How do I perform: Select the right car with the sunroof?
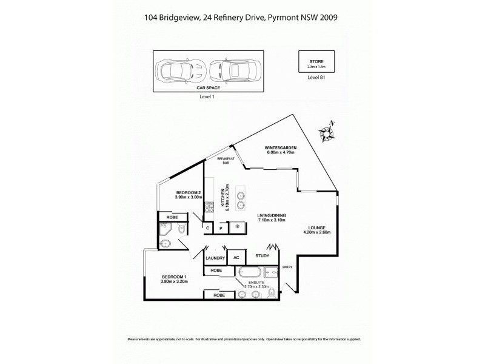[x=236, y=70]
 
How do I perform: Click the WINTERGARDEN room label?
[x=280, y=147]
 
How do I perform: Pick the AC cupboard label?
[x=236, y=257]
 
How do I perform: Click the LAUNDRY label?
[x=215, y=257]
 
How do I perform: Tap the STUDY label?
[x=263, y=255]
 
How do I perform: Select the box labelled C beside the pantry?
[x=208, y=228]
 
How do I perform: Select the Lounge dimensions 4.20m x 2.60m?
[x=316, y=231]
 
